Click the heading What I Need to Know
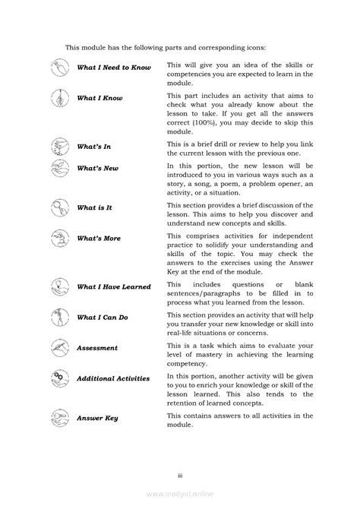click(114, 68)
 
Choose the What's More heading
click(99, 238)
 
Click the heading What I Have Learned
click(114, 287)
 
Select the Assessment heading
click(97, 348)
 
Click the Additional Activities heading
click(113, 378)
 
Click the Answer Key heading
click(98, 417)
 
